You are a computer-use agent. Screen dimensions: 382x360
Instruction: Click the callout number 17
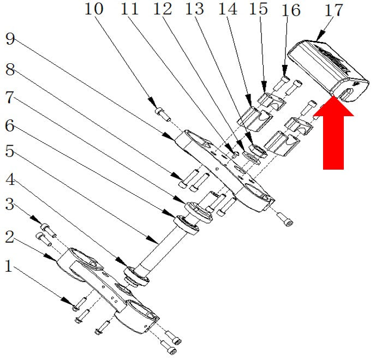coord(334,10)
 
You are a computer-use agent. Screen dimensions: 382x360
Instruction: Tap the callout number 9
coord(10,39)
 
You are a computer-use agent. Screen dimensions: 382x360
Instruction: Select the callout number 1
coord(9,266)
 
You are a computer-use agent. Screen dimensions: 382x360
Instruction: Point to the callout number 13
coord(194,9)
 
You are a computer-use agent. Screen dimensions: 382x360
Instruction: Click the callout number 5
coord(9,151)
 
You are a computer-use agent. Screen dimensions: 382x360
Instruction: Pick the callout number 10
coord(94,9)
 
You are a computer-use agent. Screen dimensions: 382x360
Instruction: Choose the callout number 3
coord(10,204)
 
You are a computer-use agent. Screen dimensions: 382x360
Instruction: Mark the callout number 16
coord(291,10)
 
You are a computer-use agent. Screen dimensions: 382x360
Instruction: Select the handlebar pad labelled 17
coord(328,70)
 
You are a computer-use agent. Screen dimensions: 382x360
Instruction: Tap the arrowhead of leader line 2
coord(50,257)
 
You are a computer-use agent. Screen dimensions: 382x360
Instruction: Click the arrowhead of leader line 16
coord(285,70)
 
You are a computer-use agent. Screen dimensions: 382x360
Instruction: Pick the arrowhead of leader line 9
coord(170,136)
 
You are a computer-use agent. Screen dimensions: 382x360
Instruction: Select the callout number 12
coord(163,9)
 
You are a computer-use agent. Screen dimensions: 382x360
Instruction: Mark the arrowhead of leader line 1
coord(67,301)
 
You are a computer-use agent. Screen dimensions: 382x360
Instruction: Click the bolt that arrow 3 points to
coord(49,231)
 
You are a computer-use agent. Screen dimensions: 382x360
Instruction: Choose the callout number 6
coord(10,126)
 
